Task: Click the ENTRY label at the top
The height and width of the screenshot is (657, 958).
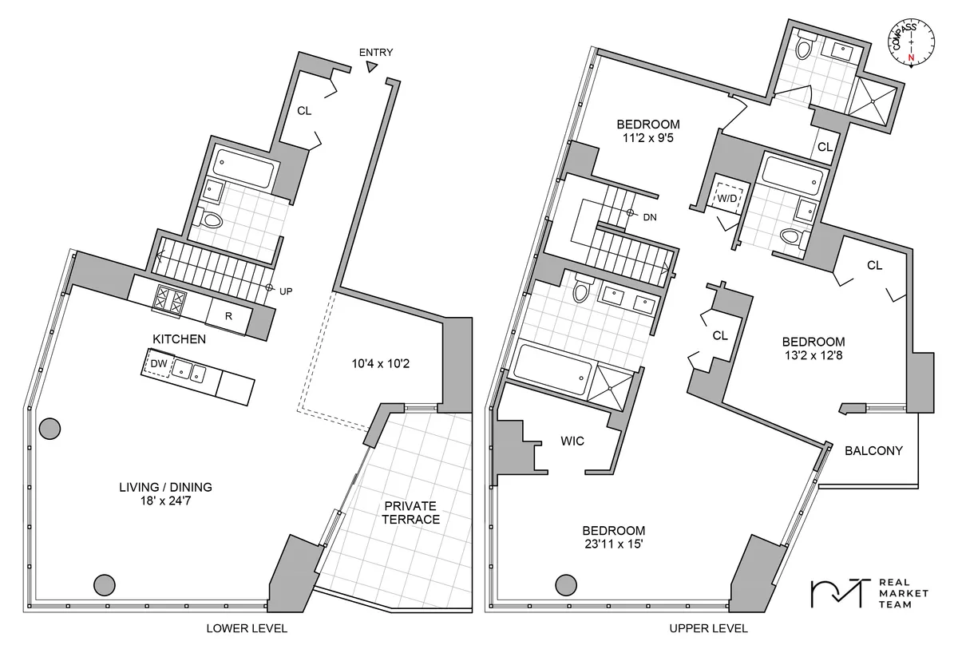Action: click(375, 53)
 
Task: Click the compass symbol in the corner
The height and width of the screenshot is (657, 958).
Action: click(906, 47)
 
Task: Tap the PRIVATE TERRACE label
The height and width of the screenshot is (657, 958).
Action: click(410, 513)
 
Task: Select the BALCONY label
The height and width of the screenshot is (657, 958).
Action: click(873, 451)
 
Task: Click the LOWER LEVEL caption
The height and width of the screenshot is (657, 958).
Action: click(247, 629)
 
